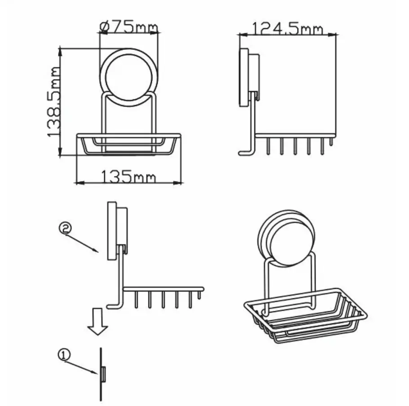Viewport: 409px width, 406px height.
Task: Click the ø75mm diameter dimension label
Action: point(129,27)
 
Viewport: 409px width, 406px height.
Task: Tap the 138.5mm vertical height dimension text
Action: point(54,101)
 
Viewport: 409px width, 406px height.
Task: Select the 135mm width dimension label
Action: point(128,176)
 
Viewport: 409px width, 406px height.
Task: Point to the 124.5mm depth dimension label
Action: point(288,29)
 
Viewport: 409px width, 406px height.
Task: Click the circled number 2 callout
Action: point(65,228)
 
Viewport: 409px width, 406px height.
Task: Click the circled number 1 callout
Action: point(64,355)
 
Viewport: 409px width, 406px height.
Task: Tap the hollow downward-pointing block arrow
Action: point(98,321)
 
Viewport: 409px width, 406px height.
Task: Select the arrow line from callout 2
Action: point(82,243)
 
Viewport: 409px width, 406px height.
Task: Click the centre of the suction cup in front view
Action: point(129,77)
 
